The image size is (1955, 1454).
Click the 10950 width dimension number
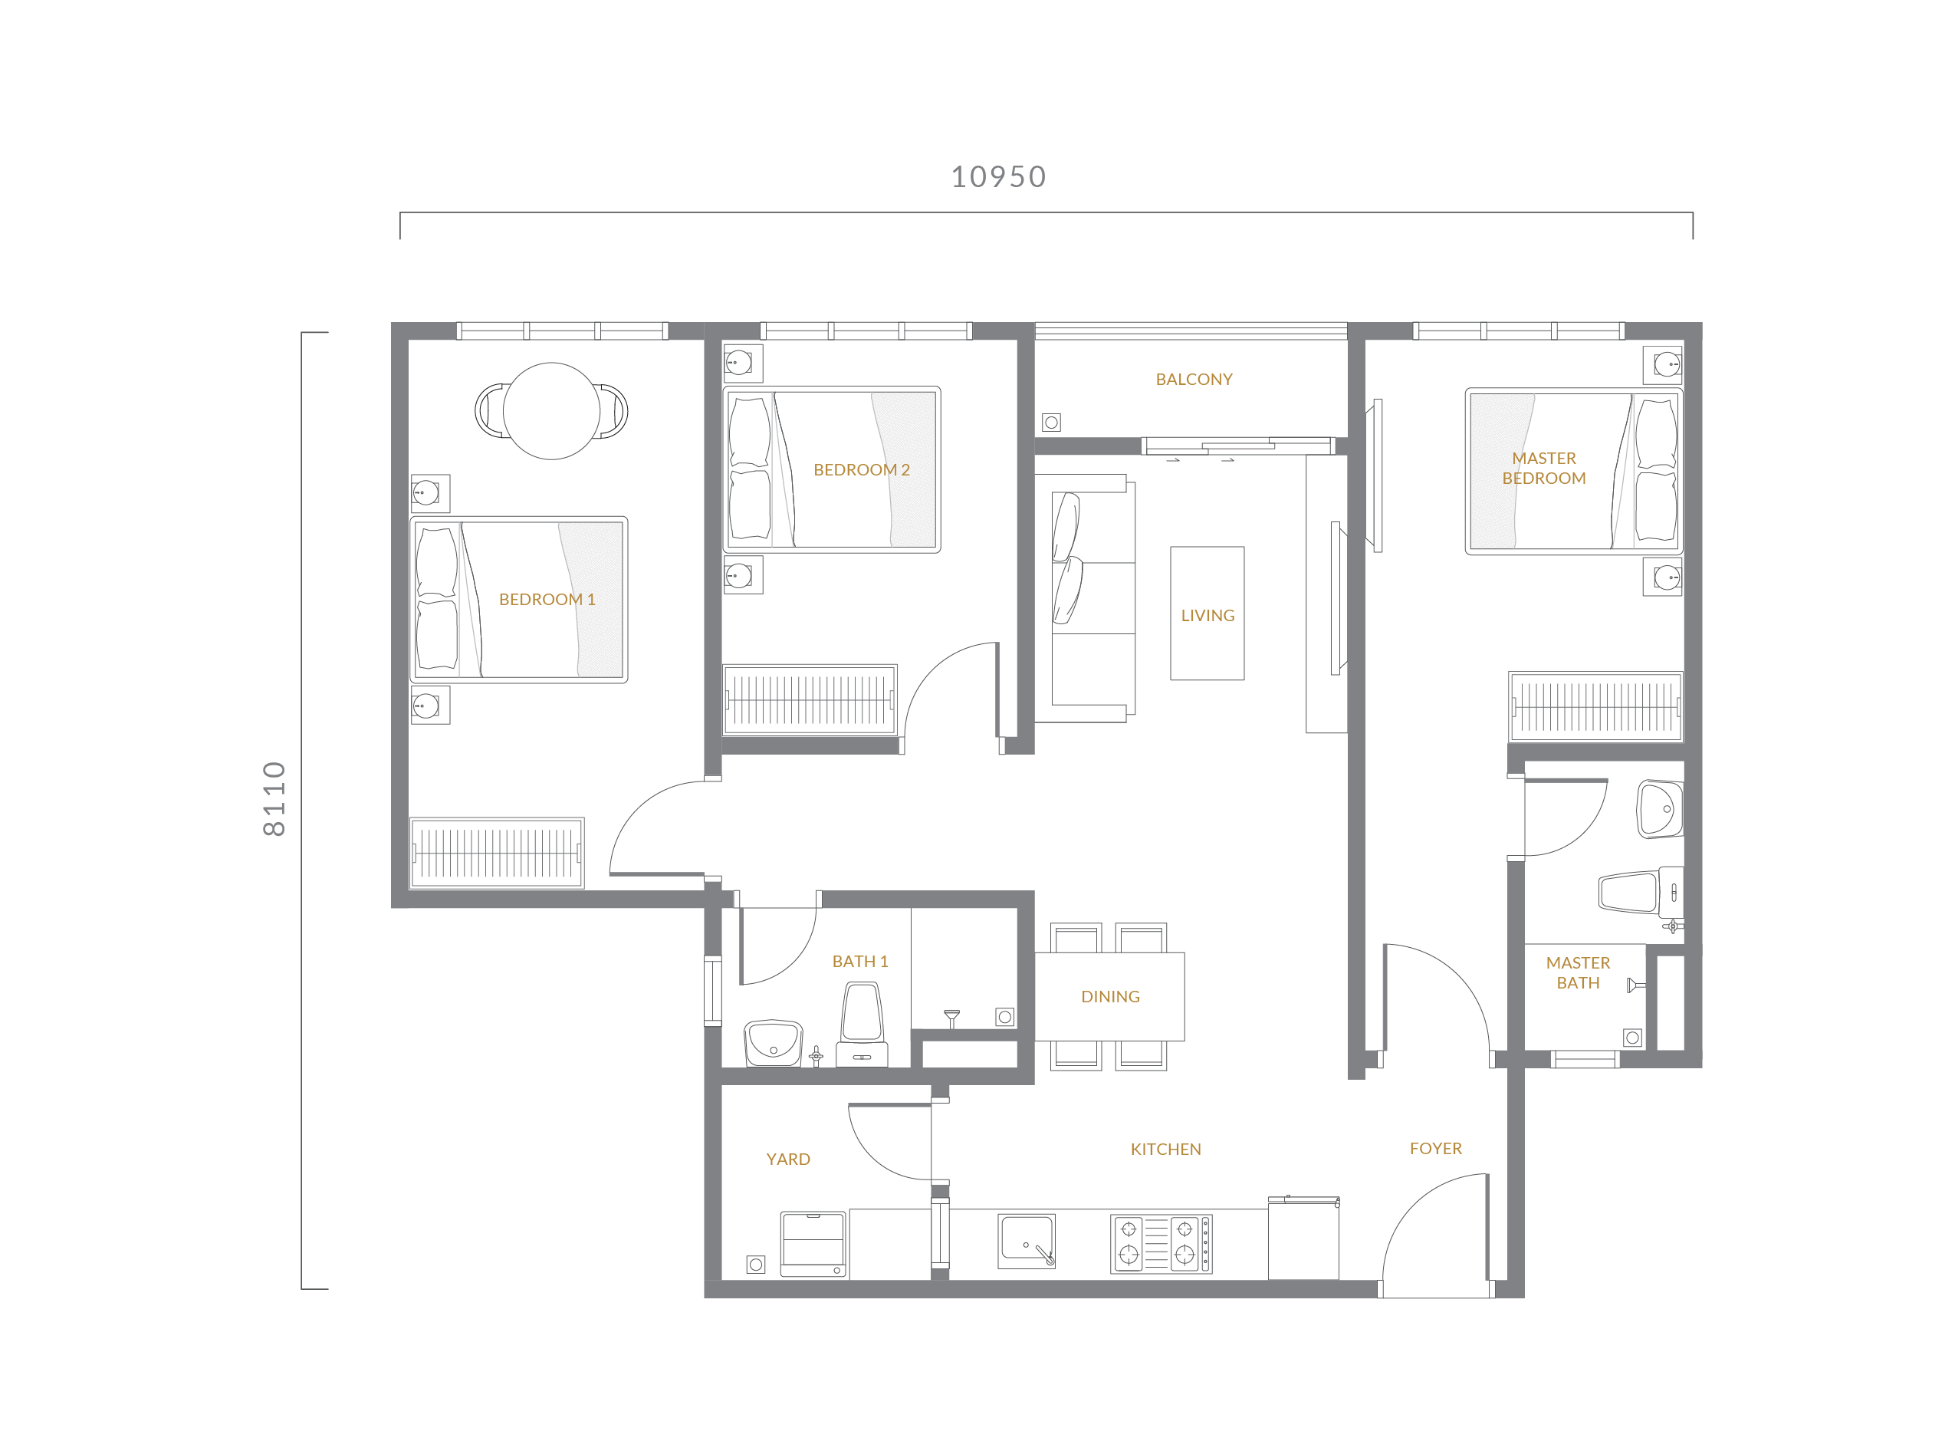pos(999,177)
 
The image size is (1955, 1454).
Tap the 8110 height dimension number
pos(274,798)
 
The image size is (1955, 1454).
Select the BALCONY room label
pos(1194,380)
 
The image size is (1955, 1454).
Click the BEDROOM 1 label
pos(547,600)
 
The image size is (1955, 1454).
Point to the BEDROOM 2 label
pos(862,470)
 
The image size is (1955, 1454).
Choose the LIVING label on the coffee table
pos(1207,616)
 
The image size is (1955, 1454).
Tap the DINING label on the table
pos(1110,996)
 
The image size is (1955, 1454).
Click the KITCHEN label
pos(1166,1150)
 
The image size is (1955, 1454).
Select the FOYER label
pos(1436,1149)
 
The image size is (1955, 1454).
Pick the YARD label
pos(788,1160)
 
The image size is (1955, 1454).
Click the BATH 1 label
pos(860,961)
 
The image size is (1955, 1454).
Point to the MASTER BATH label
pos(1579,972)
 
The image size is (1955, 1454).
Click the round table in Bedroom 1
pos(552,411)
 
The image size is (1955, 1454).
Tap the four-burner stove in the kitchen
pos(1161,1243)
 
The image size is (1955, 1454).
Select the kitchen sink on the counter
pos(1027,1241)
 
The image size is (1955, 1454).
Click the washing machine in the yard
pos(813,1245)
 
